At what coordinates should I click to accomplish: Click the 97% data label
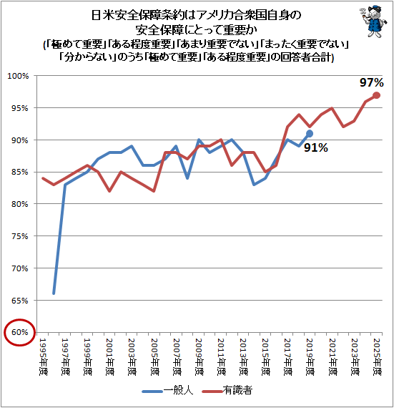(x=371, y=82)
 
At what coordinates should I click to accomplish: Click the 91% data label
(x=316, y=147)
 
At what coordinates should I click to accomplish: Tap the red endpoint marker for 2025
(x=376, y=95)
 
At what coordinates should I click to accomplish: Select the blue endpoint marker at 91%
(x=310, y=134)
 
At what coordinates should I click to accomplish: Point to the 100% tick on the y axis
(x=18, y=76)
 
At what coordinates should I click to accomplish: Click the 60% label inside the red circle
(x=20, y=332)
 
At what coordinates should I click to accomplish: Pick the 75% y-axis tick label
(x=20, y=236)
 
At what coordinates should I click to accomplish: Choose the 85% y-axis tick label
(x=20, y=173)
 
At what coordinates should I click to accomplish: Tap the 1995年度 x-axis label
(x=43, y=356)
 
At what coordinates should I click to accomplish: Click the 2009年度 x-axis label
(x=199, y=356)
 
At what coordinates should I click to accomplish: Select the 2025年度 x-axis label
(x=377, y=356)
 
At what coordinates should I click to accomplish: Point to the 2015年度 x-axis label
(x=265, y=356)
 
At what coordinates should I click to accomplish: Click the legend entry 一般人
(x=167, y=390)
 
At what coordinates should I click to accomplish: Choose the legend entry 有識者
(x=227, y=390)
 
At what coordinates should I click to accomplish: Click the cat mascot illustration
(x=374, y=21)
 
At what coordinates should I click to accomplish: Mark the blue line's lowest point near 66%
(x=54, y=293)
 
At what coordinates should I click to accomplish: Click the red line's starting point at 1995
(x=43, y=178)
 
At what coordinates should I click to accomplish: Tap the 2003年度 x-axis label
(x=132, y=356)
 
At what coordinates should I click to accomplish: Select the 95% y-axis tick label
(x=20, y=108)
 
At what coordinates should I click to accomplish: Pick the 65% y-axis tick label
(x=20, y=301)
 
